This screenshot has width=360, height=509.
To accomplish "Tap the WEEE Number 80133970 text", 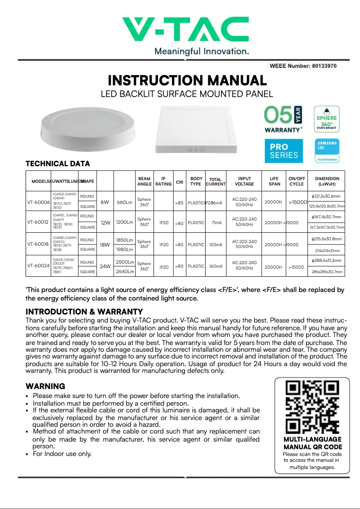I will pos(303,66).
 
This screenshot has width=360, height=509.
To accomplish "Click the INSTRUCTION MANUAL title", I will pos(187,81).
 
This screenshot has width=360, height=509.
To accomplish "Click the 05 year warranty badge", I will pos(283,119).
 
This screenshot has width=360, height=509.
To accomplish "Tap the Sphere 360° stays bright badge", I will pos(326,119).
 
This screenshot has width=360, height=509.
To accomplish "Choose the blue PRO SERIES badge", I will pos(283,151).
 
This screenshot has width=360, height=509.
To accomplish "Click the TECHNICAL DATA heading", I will pos(57,164).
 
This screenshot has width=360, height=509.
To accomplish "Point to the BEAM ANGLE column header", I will pos(144,181).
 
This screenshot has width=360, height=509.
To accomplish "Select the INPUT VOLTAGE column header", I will pos(244,181).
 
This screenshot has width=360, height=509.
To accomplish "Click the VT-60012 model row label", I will pos(38,222).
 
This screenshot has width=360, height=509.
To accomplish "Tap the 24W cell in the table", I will pos(105,266).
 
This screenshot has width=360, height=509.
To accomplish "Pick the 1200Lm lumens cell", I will pos(124,222).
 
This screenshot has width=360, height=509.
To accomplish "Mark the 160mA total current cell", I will pos(215,266).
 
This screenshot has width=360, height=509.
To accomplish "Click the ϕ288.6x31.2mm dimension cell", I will pos(326,261).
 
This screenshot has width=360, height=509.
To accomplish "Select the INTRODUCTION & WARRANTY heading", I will pos(84,312).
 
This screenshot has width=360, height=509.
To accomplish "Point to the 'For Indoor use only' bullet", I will pos(62,454).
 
